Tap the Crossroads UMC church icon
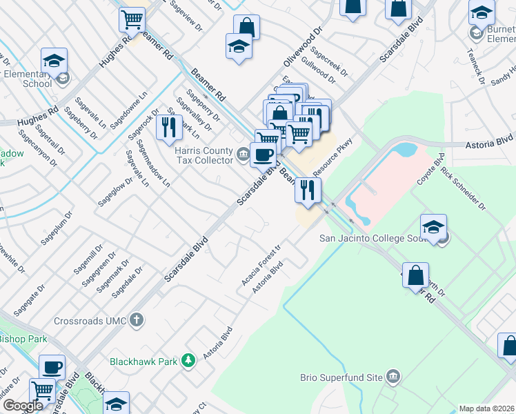coord(137,320)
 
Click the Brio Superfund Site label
coord(341,377)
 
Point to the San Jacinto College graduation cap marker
coord(433,228)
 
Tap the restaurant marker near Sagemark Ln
coord(168,128)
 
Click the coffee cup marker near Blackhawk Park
coord(52,366)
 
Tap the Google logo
coord(22,406)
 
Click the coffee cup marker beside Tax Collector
coord(263,154)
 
